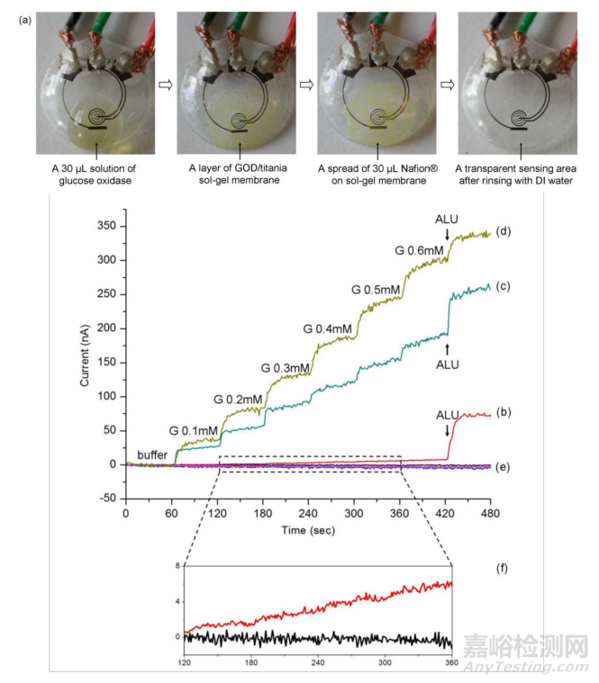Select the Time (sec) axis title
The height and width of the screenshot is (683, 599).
click(x=308, y=530)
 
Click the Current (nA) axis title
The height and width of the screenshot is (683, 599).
click(x=86, y=359)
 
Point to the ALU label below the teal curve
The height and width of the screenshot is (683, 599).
click(x=447, y=364)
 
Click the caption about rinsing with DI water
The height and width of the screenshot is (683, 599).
click(x=513, y=174)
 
